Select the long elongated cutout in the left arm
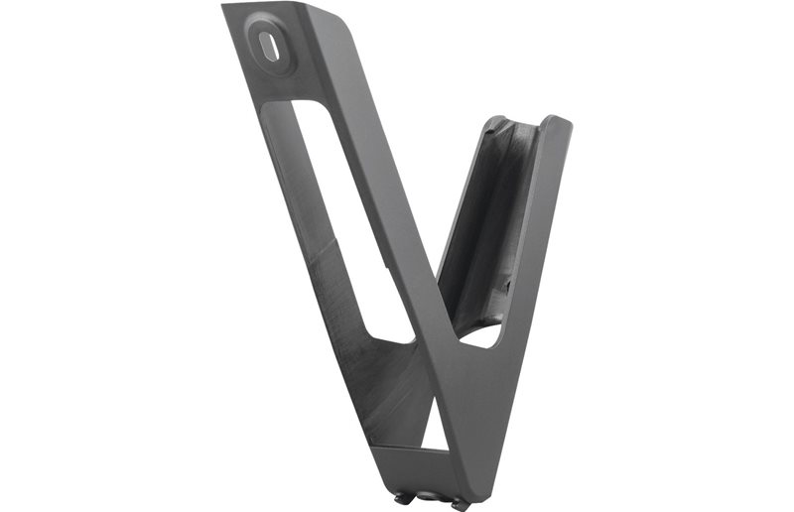pyautogui.click(x=342, y=213)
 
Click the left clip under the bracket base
pyautogui.click(x=402, y=497)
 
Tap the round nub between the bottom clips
pyautogui.click(x=429, y=496)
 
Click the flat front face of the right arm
pyautogui.click(x=531, y=248)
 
